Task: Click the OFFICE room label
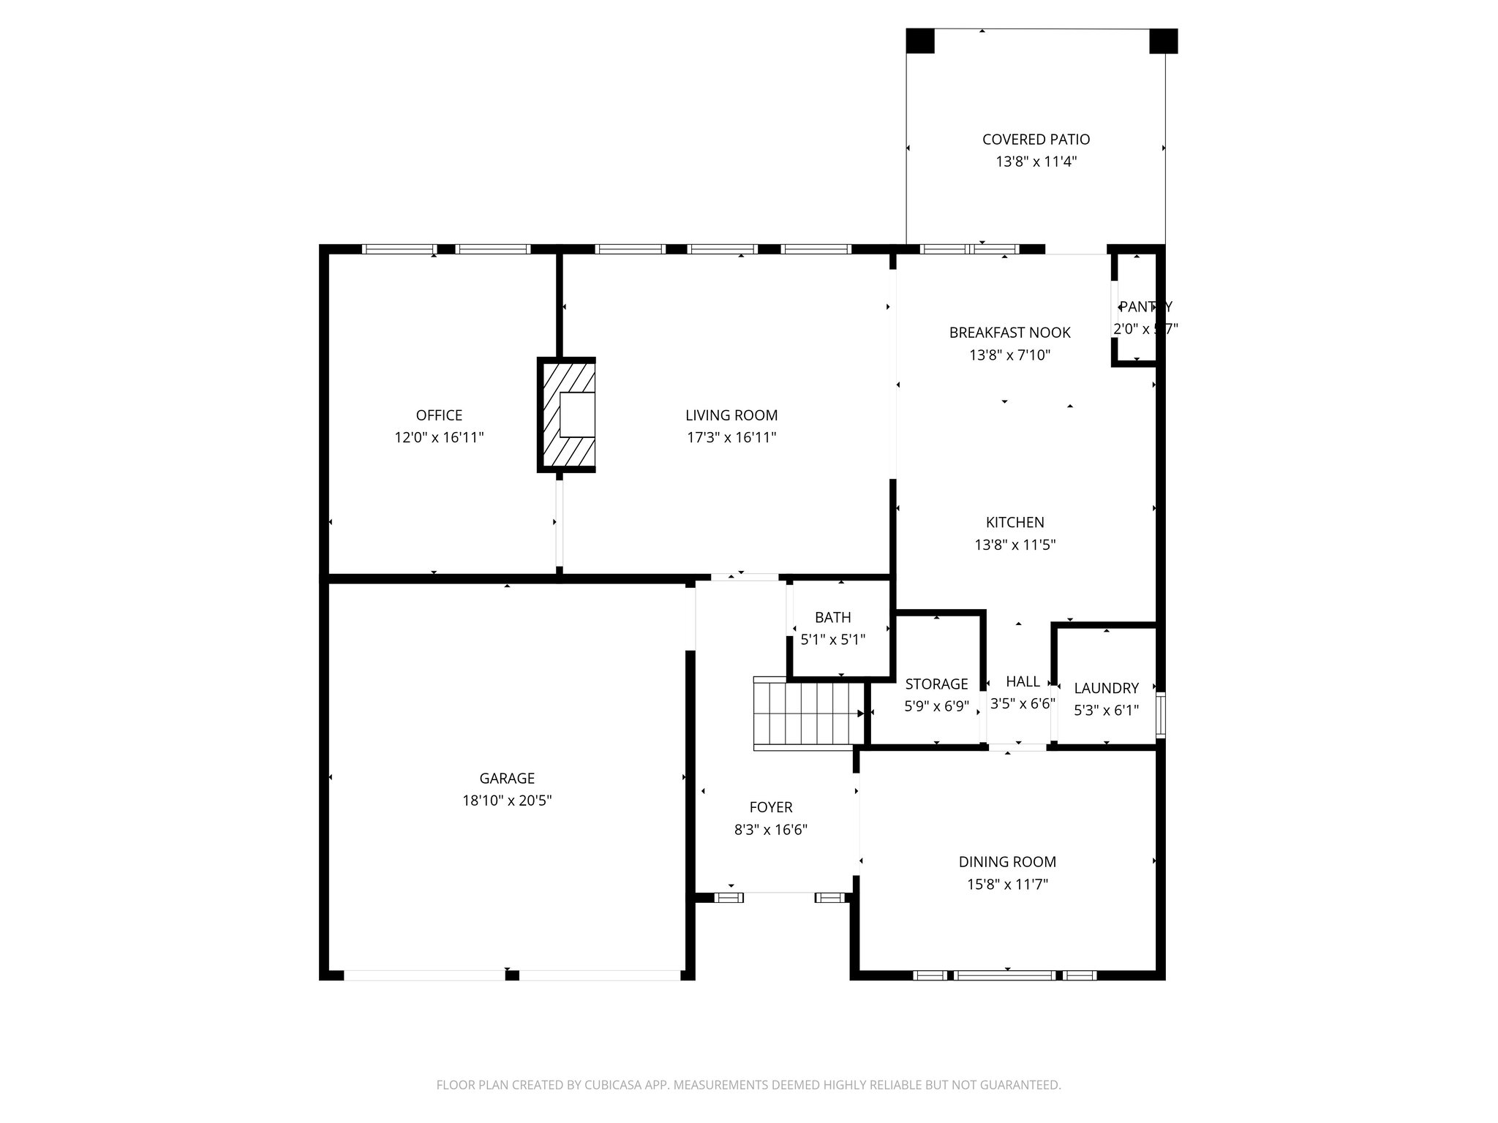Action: click(x=439, y=415)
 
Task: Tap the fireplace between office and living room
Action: click(x=567, y=415)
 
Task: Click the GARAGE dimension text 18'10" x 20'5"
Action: click(x=507, y=801)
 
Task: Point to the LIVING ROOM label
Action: click(x=731, y=415)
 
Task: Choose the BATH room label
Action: click(x=832, y=618)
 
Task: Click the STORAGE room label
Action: click(x=936, y=684)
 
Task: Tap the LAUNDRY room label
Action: click(x=1106, y=688)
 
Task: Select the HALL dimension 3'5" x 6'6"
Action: click(x=1023, y=704)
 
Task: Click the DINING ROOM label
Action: click(x=1007, y=862)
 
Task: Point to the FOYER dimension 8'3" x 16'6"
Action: click(x=771, y=830)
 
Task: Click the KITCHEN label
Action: click(x=1015, y=523)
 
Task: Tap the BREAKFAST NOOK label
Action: click(x=1009, y=333)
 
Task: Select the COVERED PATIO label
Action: click(x=1036, y=140)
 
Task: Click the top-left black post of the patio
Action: click(x=920, y=41)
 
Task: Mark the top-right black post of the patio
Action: click(x=1163, y=41)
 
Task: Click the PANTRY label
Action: click(x=1145, y=307)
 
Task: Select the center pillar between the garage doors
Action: click(x=512, y=975)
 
